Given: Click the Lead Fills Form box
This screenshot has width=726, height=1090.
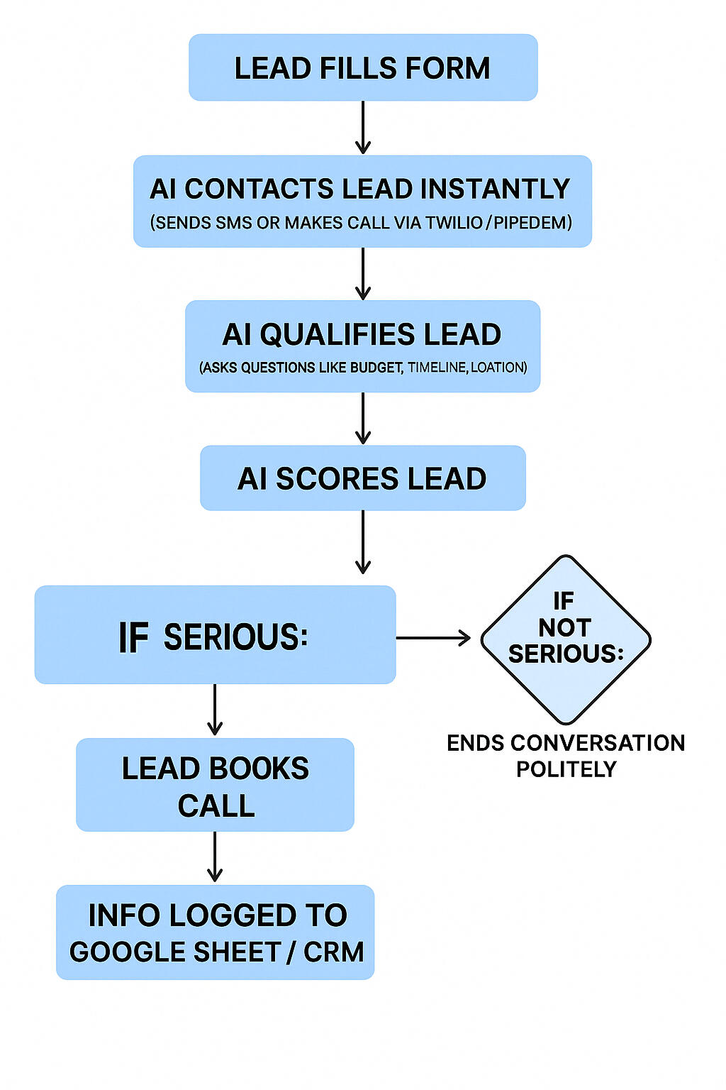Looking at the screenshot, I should (x=363, y=67).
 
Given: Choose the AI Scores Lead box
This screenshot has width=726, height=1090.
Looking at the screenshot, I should (x=363, y=478).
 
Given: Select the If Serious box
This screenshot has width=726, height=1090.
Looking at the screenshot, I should (x=215, y=635).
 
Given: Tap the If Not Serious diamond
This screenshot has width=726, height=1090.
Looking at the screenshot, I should (x=565, y=639).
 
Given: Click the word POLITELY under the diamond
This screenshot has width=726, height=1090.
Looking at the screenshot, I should (x=566, y=769).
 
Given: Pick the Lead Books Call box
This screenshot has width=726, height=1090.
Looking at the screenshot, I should (x=215, y=785).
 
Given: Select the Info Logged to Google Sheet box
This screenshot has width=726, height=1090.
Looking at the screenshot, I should (x=215, y=932).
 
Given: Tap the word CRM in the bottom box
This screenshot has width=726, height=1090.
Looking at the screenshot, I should (x=333, y=952).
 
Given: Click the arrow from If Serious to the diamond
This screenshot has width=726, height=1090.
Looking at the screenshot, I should (x=432, y=638).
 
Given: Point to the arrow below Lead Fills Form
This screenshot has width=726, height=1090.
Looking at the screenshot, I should (x=363, y=128).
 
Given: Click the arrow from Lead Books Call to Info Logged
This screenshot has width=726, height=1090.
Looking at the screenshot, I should (x=215, y=857).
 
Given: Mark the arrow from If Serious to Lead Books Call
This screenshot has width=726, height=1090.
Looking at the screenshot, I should (x=215, y=710).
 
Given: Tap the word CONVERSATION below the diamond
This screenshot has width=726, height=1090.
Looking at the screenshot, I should (x=597, y=743).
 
